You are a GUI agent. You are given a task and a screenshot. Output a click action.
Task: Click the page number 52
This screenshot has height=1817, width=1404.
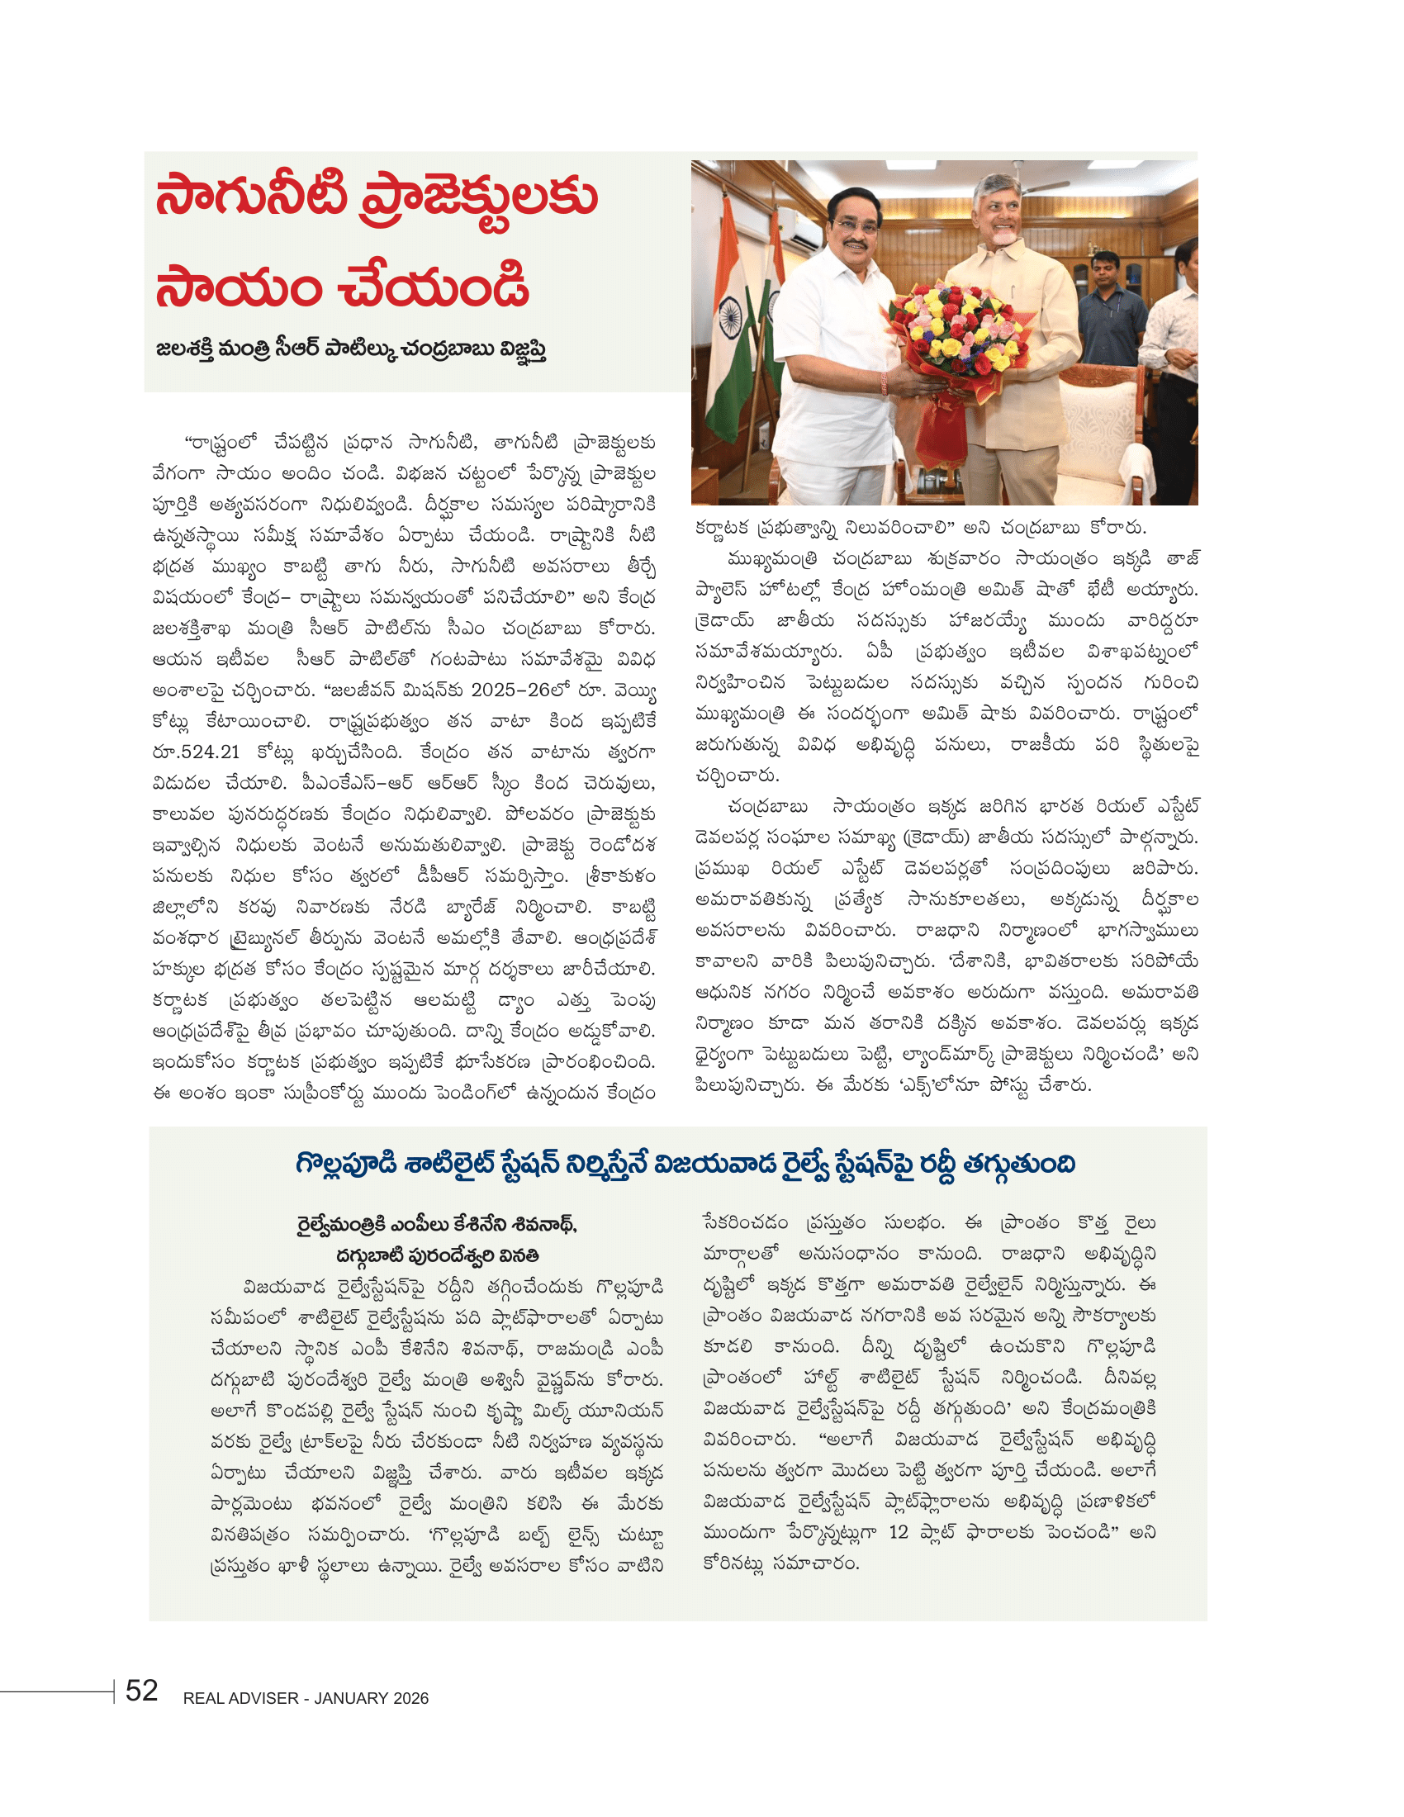[x=141, y=1690]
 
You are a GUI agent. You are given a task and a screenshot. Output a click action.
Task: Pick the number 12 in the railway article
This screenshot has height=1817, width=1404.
[x=899, y=1531]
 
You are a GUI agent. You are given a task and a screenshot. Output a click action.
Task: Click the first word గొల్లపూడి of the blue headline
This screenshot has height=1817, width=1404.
[x=346, y=1163]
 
